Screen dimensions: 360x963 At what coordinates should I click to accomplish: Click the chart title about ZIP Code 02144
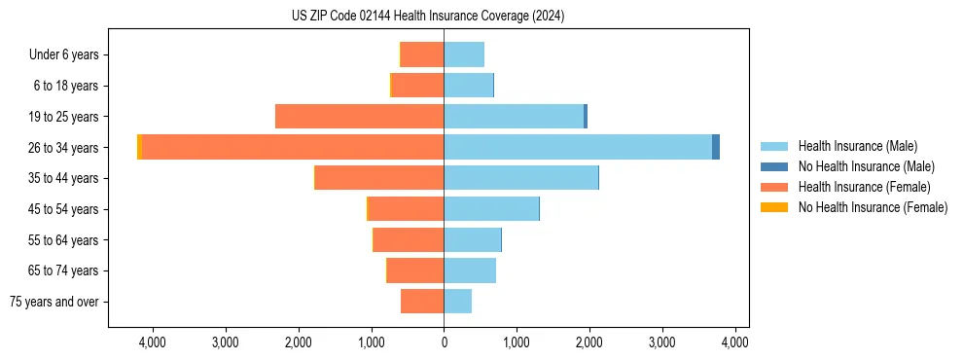pos(428,17)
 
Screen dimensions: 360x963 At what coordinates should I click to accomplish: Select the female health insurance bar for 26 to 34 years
pos(292,147)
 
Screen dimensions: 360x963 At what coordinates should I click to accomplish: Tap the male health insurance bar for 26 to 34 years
pos(578,147)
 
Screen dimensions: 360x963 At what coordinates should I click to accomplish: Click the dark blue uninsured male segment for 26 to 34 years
pos(716,147)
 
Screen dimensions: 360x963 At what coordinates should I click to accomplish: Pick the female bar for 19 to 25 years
pos(359,117)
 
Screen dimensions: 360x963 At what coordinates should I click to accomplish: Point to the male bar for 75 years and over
pos(458,302)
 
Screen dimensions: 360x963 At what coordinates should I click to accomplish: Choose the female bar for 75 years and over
pos(422,302)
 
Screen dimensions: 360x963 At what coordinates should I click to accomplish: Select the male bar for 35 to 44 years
pos(520,178)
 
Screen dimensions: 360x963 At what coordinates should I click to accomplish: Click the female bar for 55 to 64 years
pos(409,239)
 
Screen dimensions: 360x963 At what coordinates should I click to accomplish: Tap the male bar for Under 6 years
pos(464,54)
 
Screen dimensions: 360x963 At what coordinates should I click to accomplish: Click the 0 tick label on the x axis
pos(444,342)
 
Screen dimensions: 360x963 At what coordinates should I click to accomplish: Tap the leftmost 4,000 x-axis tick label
pos(153,342)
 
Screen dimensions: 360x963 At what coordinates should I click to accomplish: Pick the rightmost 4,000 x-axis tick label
pos(734,342)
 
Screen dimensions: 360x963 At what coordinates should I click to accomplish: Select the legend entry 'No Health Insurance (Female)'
pos(873,207)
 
